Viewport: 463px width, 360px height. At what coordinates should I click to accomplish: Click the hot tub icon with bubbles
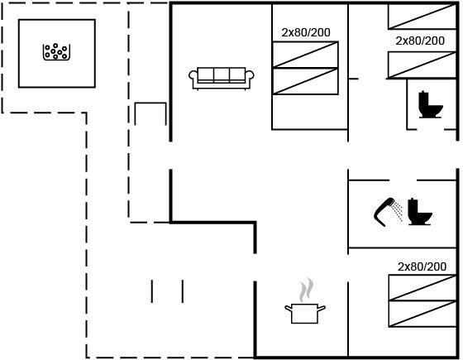coord(56,51)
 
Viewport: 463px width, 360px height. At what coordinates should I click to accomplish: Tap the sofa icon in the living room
coord(222,79)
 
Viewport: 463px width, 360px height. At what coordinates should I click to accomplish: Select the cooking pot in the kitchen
coord(305,314)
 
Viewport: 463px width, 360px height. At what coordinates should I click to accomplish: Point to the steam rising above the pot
coord(306,290)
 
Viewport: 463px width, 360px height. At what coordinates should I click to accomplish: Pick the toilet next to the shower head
coord(420,212)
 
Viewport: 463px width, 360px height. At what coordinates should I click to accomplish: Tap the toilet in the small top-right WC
coord(431,104)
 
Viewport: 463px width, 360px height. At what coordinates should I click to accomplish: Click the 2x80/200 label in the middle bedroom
coord(306,32)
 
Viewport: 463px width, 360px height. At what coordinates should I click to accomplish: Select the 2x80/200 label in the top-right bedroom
coord(420,41)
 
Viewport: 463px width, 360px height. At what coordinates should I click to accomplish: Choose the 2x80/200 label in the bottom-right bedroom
coord(422,266)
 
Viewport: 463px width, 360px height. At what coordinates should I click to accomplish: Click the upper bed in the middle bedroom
coord(305,55)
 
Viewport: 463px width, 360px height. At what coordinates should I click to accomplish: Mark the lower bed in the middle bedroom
coord(305,81)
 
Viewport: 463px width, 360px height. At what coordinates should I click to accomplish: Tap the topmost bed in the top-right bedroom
coord(422,17)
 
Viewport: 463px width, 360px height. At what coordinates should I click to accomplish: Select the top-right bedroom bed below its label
coord(422,65)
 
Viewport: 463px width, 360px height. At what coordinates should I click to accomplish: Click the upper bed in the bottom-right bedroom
coord(422,288)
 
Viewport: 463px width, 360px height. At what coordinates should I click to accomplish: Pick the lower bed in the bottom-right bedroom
coord(422,314)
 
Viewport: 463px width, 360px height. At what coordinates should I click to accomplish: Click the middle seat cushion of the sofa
coord(222,74)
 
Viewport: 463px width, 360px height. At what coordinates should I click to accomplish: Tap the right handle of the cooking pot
coord(322,308)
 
